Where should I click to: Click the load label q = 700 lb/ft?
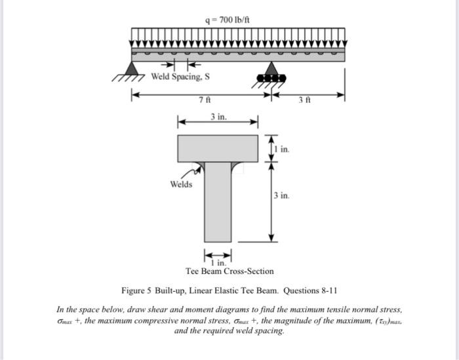(x=227, y=18)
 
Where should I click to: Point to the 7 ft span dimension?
(x=204, y=100)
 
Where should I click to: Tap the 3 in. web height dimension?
(x=280, y=195)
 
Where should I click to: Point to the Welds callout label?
(x=181, y=184)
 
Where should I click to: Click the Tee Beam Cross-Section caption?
(x=229, y=271)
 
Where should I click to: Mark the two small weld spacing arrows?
(x=179, y=65)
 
